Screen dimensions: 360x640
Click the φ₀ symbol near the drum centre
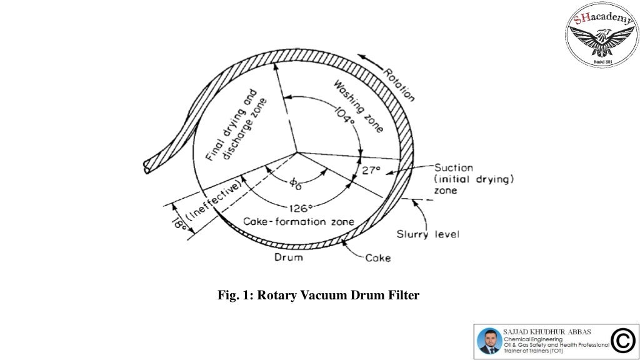[295, 183]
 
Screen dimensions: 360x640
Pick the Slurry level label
[428, 234]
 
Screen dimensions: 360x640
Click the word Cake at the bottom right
[379, 257]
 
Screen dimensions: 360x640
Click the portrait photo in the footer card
[488, 341]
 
